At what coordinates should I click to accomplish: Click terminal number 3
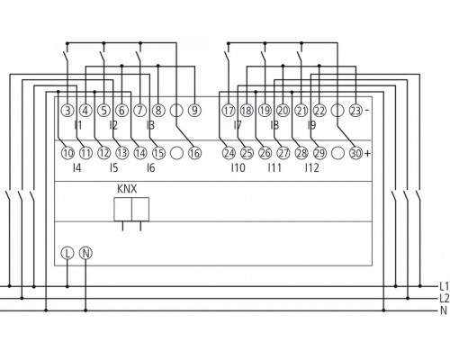click(x=67, y=111)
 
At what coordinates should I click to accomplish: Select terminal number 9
click(x=193, y=111)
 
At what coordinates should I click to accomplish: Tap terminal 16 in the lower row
click(x=193, y=154)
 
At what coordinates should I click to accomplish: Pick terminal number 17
click(x=229, y=111)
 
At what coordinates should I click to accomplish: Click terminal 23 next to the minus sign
click(x=355, y=111)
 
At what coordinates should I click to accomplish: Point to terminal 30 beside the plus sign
click(x=355, y=154)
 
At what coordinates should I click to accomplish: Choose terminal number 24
click(x=229, y=154)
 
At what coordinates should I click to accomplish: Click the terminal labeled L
click(x=67, y=256)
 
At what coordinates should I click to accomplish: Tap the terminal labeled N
click(x=85, y=256)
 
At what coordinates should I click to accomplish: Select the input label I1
click(x=77, y=125)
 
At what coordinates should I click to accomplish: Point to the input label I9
click(x=310, y=125)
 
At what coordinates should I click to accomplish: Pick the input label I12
click(x=311, y=168)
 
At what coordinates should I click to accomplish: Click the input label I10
click(x=238, y=168)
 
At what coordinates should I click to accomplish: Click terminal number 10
click(x=67, y=154)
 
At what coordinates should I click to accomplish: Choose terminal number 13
click(x=121, y=154)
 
